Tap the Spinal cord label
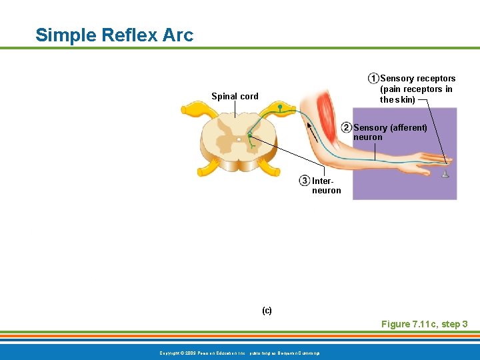click(235, 96)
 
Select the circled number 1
click(373, 79)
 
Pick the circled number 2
click(347, 127)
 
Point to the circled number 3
click(305, 181)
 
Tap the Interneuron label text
click(326, 185)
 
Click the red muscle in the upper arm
click(325, 107)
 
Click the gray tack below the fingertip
click(445, 175)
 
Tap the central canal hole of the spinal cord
click(239, 139)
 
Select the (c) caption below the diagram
click(267, 311)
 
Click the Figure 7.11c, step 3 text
click(424, 324)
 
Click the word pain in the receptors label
click(391, 89)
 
